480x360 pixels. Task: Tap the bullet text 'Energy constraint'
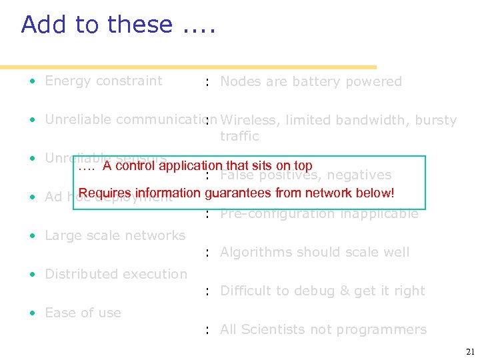pyautogui.click(x=103, y=81)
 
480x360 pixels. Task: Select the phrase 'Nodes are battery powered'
pyautogui.click(x=311, y=82)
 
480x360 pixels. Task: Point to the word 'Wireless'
pyautogui.click(x=250, y=121)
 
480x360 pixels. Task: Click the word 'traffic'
pyautogui.click(x=239, y=137)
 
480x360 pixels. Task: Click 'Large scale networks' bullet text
pyautogui.click(x=115, y=236)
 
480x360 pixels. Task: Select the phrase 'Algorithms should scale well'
pyautogui.click(x=315, y=253)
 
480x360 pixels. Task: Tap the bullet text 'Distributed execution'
pyautogui.click(x=116, y=275)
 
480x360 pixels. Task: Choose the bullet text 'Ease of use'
pyautogui.click(x=83, y=313)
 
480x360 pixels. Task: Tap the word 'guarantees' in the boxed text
pyautogui.click(x=238, y=193)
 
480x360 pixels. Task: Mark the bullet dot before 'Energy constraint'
pyautogui.click(x=32, y=82)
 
